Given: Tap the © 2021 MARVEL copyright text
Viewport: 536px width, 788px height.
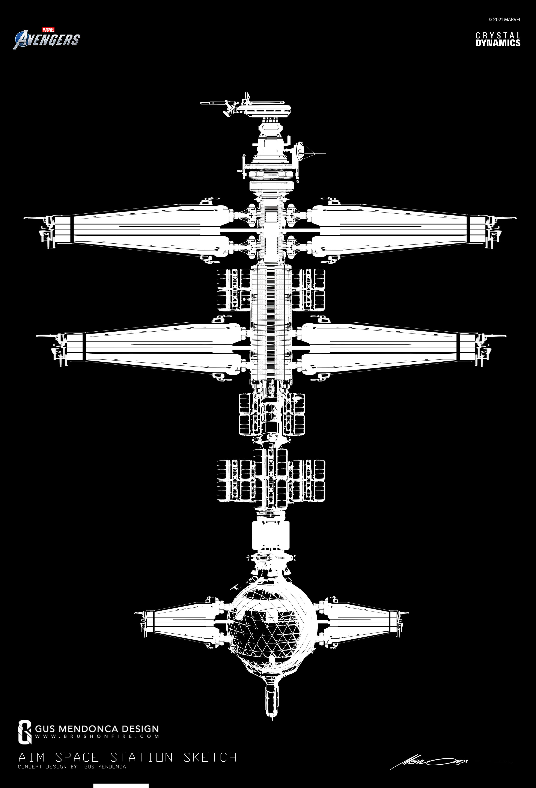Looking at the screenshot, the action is tap(504, 20).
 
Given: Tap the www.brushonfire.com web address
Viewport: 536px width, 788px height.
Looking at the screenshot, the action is tap(97, 736).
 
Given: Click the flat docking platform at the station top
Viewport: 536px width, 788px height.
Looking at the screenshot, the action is tap(264, 109).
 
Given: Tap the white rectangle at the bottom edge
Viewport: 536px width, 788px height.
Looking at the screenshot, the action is tap(121, 786).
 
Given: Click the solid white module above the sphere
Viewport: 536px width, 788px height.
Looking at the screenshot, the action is tap(271, 536).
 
